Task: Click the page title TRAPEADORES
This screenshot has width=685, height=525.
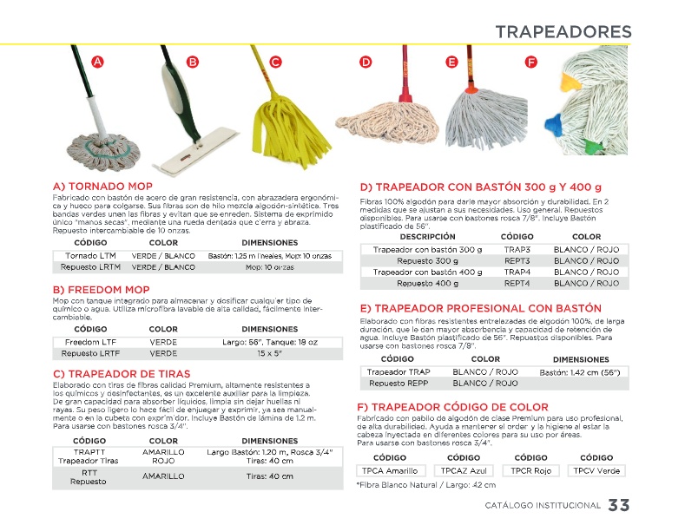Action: (x=563, y=32)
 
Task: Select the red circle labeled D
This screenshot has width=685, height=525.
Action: (x=366, y=62)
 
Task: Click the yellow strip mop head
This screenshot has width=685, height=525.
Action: (x=279, y=130)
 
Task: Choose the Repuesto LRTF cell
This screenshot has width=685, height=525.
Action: (x=91, y=353)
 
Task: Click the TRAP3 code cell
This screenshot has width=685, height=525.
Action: (x=517, y=249)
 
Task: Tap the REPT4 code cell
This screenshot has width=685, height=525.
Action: (x=517, y=283)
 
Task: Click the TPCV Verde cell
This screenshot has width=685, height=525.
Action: (x=596, y=470)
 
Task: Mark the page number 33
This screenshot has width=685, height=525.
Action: (x=619, y=506)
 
